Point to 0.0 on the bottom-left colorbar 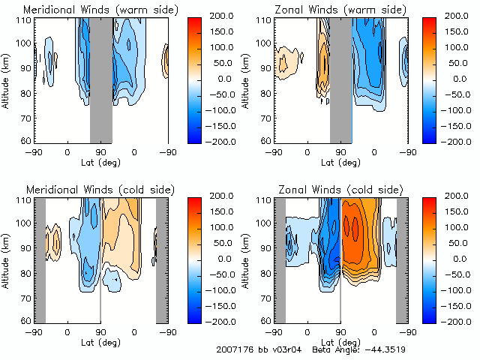tap(220, 259)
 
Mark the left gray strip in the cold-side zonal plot tap(280, 259)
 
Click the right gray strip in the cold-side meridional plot tap(162, 259)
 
